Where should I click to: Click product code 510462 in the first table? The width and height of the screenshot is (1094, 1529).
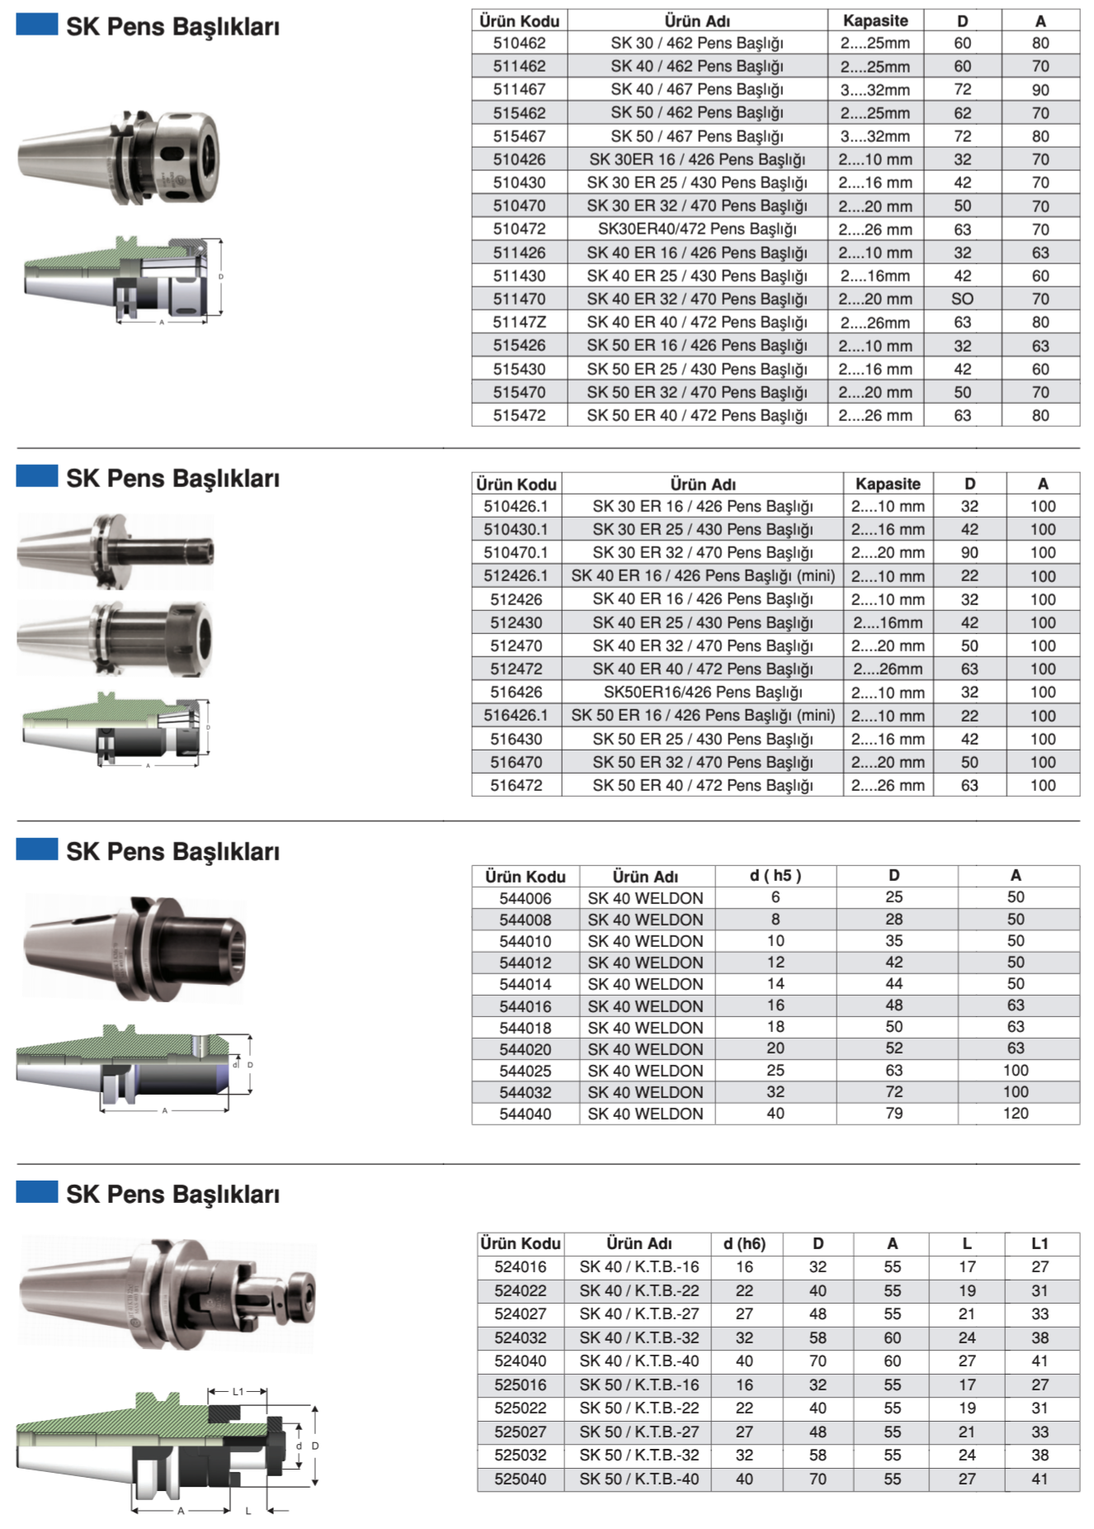[519, 43]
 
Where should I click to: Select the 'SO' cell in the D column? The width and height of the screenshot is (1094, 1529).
[962, 299]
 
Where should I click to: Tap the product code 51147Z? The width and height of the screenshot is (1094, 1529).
[519, 322]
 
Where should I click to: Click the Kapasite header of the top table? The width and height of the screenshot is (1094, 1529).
[875, 21]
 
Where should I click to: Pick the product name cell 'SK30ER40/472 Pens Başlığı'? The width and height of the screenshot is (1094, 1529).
[697, 229]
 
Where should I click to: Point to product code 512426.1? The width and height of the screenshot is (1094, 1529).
[516, 575]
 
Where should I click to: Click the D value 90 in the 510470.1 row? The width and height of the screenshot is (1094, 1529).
[969, 552]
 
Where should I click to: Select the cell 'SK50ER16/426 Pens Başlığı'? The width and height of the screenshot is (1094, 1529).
[703, 692]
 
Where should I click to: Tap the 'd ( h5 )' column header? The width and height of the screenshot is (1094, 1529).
[776, 875]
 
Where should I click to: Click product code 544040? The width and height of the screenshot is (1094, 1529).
[525, 1114]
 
